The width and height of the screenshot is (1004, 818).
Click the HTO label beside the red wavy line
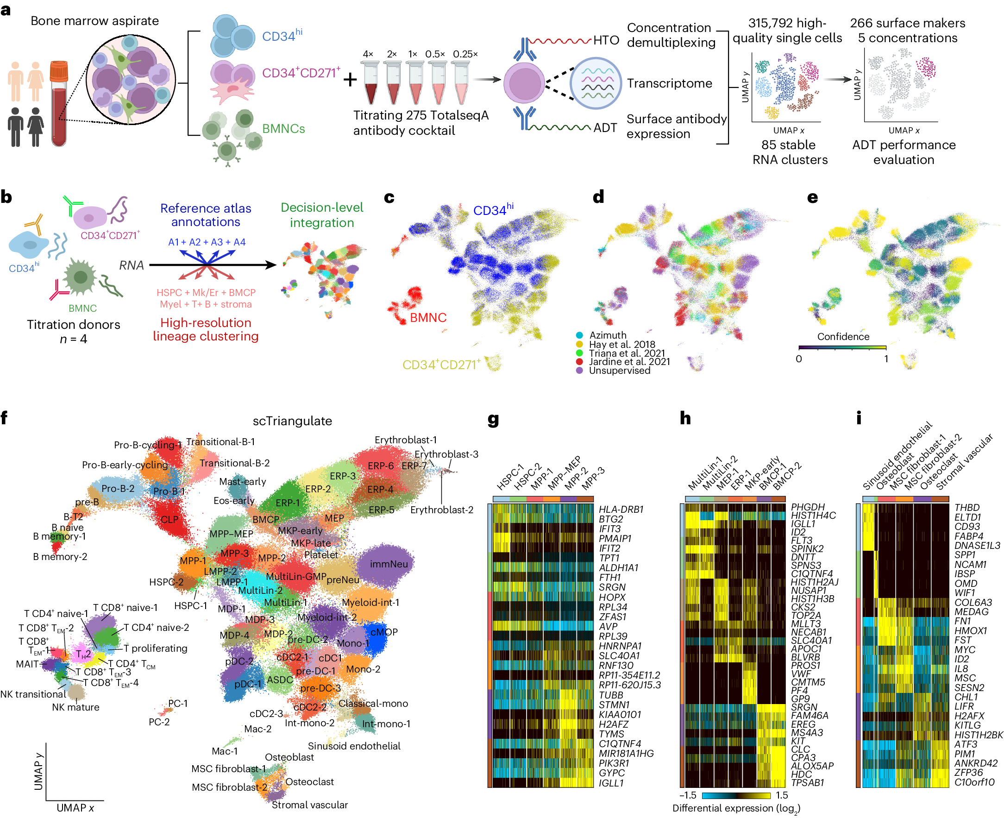click(x=606, y=40)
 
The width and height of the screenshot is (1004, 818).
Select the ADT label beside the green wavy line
click(x=605, y=128)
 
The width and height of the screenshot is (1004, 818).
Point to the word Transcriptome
click(x=669, y=83)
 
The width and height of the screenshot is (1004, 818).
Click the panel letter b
click(x=6, y=197)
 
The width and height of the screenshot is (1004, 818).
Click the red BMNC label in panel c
click(x=428, y=318)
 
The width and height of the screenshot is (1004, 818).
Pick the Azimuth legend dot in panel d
click(x=579, y=335)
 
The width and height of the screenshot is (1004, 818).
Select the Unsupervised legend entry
click(x=619, y=371)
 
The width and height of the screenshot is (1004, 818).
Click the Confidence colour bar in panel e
click(x=842, y=348)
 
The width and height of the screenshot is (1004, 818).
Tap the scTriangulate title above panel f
click(x=292, y=421)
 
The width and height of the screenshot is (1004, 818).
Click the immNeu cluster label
click(x=389, y=564)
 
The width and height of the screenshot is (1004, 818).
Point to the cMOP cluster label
click(x=384, y=632)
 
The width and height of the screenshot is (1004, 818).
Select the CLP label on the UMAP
click(x=169, y=520)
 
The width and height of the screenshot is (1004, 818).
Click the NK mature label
click(x=75, y=707)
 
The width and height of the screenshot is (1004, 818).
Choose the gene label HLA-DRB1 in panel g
click(x=621, y=510)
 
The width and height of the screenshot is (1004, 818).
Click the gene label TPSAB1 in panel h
click(x=807, y=783)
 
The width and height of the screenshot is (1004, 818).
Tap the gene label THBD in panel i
click(x=967, y=508)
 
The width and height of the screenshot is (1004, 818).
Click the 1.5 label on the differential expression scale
click(x=781, y=795)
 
